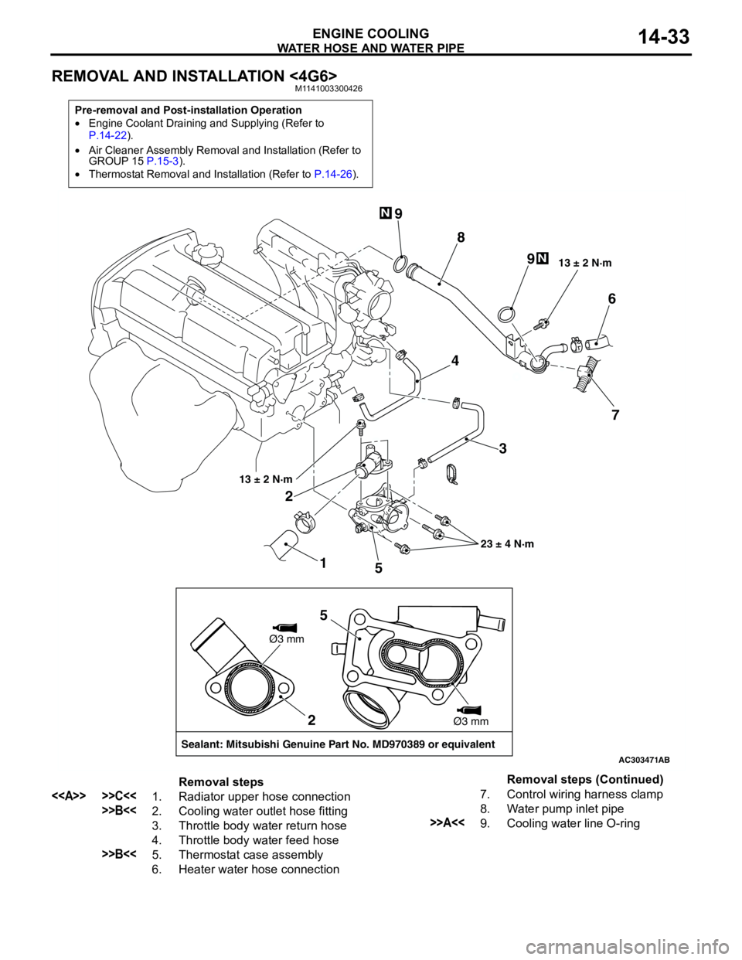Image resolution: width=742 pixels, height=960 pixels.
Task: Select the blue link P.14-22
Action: pos(107,134)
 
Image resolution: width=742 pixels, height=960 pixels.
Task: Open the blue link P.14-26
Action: pos(333,174)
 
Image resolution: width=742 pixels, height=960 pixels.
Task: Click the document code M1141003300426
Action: pos(328,89)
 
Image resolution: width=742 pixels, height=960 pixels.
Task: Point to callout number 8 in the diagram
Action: pos(461,237)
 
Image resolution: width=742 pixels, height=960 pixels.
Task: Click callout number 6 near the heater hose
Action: pos(611,299)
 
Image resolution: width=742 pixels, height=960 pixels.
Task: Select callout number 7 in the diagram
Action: pos(615,415)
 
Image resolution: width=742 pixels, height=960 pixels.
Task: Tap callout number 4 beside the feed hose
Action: pos(455,361)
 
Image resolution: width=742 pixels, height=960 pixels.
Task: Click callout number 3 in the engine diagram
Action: pos(502,449)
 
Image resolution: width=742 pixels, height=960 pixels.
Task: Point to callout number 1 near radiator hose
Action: pos(323,563)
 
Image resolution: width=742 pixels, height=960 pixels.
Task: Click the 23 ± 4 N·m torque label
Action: pos(507,544)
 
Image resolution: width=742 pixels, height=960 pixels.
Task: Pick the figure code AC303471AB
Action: pos(644,760)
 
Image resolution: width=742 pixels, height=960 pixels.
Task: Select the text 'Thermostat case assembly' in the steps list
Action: pos(251,854)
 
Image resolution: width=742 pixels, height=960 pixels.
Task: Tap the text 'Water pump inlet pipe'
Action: pos(565,809)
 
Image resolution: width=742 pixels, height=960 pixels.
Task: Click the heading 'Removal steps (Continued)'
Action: pos(585,780)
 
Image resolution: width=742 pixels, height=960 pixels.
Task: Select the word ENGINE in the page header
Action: pos(339,33)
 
